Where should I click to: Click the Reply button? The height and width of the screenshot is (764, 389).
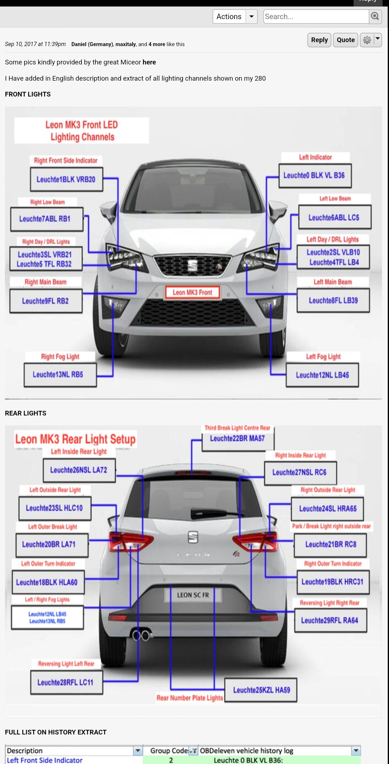point(319,40)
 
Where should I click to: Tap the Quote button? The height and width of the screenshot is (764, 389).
point(346,40)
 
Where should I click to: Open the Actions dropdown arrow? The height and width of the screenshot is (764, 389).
point(251,17)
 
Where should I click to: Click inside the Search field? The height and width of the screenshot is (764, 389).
point(316,17)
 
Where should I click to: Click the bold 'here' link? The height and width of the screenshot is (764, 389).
point(149,62)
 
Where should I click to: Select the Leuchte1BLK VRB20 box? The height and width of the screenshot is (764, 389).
point(67,179)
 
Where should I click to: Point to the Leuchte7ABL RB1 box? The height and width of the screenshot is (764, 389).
point(47,219)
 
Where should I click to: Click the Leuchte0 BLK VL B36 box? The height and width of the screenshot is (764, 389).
point(315,176)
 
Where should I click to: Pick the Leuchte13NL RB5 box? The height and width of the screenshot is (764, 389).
point(60,375)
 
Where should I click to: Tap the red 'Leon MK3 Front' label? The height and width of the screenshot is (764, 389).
point(193,292)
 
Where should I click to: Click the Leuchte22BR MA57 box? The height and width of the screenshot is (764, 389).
point(238,439)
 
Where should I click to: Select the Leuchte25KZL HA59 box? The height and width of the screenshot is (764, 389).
point(261,690)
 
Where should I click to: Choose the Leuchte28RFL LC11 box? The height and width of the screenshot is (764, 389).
point(67,682)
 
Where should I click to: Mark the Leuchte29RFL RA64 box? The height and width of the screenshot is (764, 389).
point(331,620)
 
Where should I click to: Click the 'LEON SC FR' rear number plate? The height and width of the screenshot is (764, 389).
point(193,595)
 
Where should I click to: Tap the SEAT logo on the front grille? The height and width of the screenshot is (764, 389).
point(193,265)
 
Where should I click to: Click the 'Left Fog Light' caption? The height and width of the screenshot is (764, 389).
point(323,357)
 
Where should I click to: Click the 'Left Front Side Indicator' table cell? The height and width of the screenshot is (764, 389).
point(45,760)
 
